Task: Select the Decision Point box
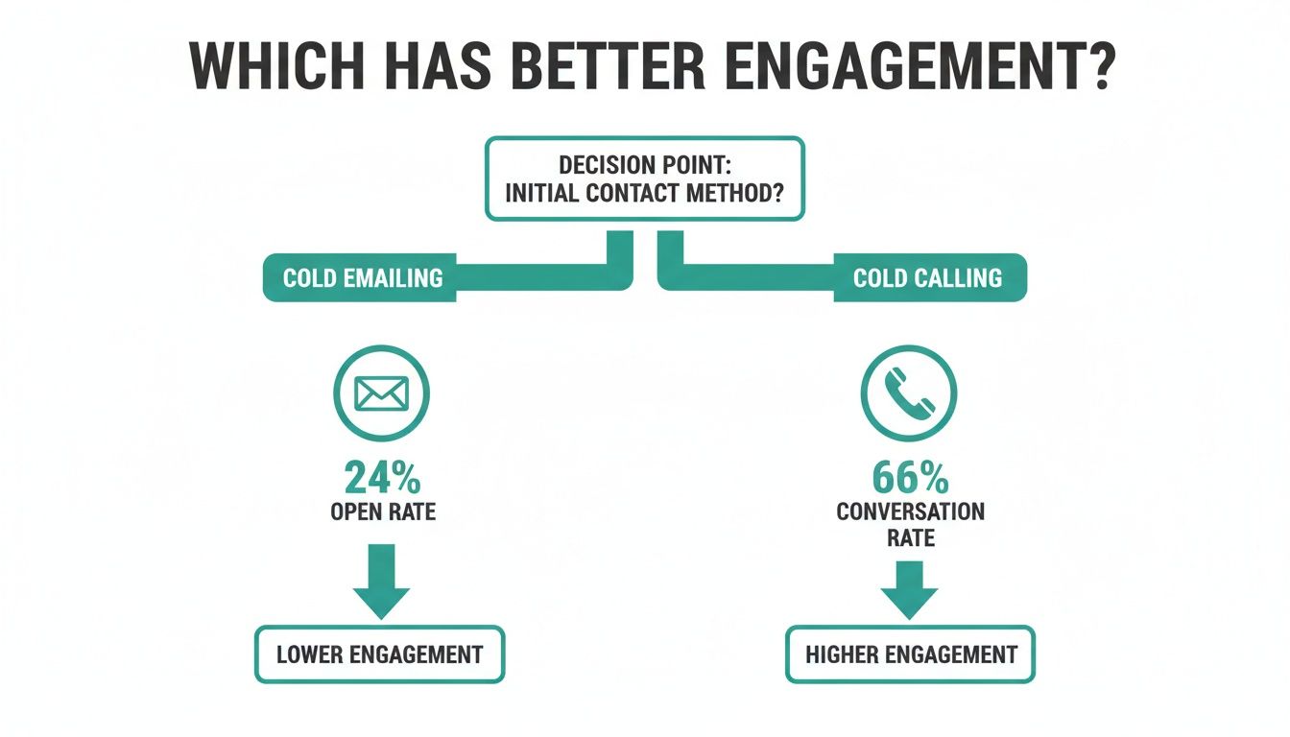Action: [644, 179]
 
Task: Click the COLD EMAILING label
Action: [363, 278]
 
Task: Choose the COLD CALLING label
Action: [927, 278]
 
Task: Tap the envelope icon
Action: [381, 393]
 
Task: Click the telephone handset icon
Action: [909, 393]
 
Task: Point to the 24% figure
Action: [382, 477]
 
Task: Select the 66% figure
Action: [910, 477]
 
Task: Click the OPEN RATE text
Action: [382, 511]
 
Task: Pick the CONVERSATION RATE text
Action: [910, 524]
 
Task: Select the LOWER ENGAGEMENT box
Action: [379, 655]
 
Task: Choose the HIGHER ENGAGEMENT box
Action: [910, 655]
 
